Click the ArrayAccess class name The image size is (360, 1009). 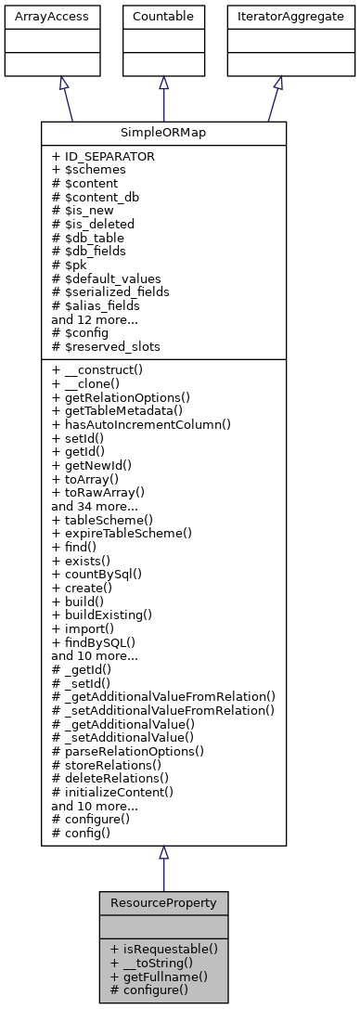[37, 17]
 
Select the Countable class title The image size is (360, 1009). [163, 17]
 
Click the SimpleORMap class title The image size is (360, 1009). [163, 133]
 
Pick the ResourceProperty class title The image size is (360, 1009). [163, 902]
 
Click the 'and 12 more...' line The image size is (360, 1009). [93, 317]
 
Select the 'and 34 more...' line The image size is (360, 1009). [93, 505]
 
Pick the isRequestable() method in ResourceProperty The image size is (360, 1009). [163, 949]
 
